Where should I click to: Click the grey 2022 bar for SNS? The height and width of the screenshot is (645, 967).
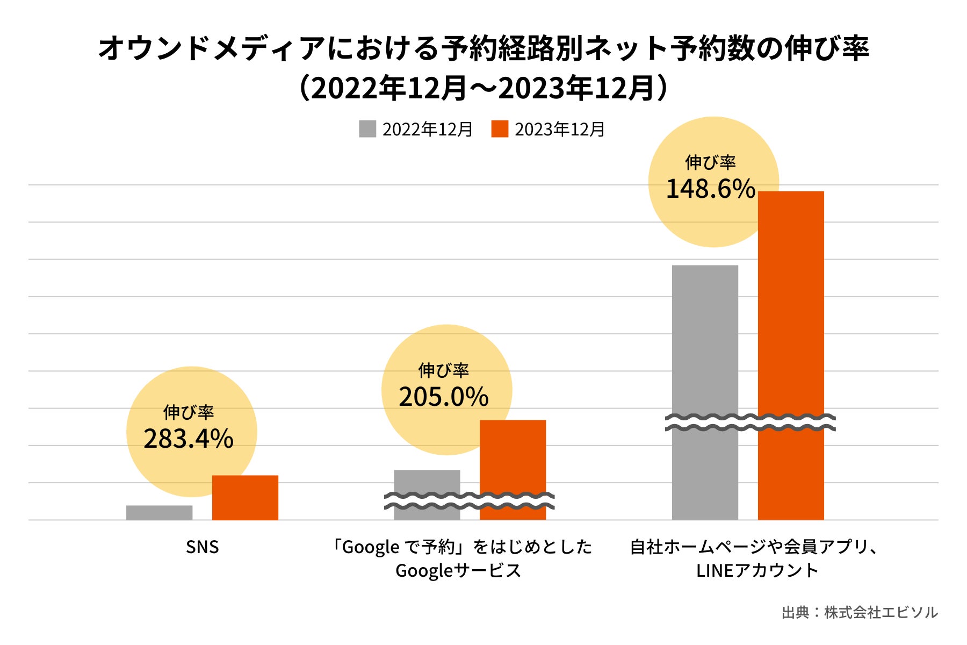[159, 513]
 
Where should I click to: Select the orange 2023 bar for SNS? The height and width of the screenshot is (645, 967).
[245, 498]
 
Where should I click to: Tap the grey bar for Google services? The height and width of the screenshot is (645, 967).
[427, 482]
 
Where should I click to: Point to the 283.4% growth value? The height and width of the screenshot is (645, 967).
[189, 439]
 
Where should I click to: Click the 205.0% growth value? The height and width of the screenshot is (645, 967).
[444, 397]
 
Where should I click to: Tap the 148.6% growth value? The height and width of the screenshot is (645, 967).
[711, 189]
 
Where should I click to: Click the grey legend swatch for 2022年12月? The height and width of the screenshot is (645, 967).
[367, 129]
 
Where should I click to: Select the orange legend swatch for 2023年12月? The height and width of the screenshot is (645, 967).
[500, 129]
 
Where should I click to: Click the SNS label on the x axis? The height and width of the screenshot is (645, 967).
[203, 547]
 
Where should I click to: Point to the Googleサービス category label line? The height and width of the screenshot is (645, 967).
[458, 570]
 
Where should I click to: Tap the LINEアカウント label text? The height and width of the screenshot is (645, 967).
[757, 570]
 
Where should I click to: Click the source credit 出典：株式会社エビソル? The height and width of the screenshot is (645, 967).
[860, 612]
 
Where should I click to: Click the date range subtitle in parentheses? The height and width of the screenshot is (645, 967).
[484, 88]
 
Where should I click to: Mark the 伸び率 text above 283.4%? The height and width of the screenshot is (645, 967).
[189, 412]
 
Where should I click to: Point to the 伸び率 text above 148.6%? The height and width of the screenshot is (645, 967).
[710, 162]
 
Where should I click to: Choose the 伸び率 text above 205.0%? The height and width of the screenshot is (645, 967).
[444, 370]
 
